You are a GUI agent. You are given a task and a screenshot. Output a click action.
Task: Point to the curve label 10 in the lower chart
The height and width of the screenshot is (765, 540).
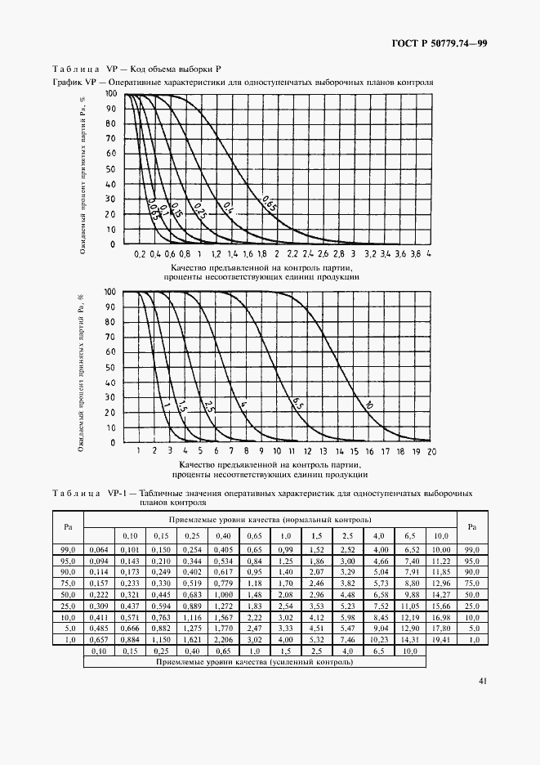pos(368,405)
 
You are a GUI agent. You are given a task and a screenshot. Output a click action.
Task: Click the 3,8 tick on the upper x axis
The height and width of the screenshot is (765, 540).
pos(414,255)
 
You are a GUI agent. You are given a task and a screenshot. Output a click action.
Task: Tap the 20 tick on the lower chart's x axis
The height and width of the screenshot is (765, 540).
pos(431,451)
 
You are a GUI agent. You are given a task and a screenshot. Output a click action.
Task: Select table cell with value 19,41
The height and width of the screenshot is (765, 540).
pos(440,637)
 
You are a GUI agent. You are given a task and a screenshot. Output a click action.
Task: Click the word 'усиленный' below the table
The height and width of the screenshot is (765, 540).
pos(280,663)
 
